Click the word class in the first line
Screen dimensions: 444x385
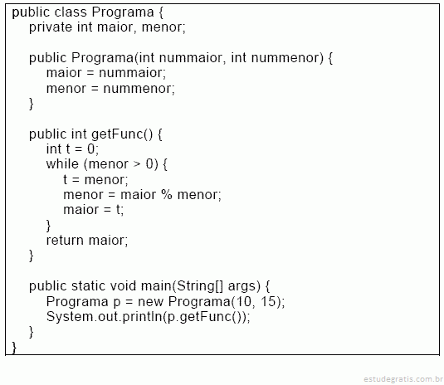tap(71, 12)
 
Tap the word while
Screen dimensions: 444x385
tap(62, 164)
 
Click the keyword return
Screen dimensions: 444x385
tap(65, 241)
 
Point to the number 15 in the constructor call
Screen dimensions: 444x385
tap(268, 301)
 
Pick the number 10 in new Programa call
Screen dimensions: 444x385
tap(243, 301)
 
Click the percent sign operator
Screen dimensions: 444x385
tap(167, 195)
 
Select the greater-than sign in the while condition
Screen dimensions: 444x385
tap(137, 164)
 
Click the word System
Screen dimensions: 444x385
tap(70, 316)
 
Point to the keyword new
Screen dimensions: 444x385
tap(151, 302)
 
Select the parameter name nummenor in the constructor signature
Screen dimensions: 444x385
tap(285, 58)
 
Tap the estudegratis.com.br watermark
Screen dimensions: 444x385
tap(403, 378)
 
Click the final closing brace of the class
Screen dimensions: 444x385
tap(14, 348)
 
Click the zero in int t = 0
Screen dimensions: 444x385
tap(91, 149)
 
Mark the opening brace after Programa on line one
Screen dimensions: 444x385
tap(161, 12)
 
